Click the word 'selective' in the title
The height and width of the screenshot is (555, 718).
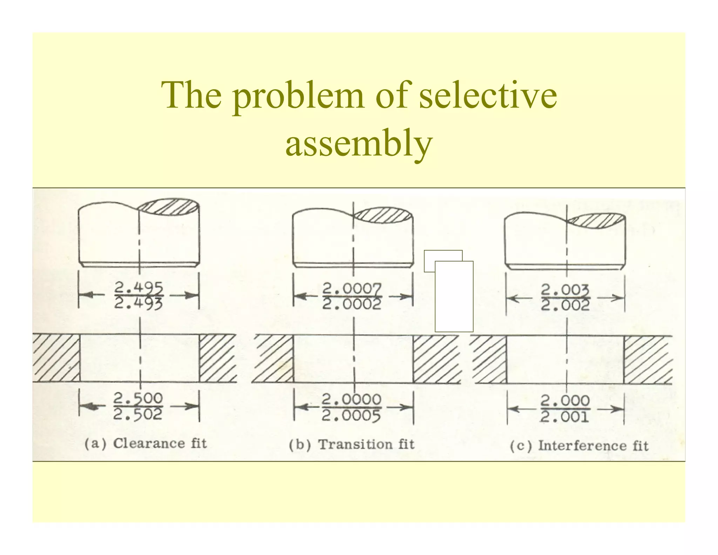tap(488, 95)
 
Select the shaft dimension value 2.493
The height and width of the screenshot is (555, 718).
tap(139, 303)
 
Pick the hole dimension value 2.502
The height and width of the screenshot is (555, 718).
tap(138, 415)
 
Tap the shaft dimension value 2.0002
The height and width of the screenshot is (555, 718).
tap(352, 304)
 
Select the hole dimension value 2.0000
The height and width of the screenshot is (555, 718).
tap(352, 399)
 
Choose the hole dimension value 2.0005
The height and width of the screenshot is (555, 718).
tap(352, 416)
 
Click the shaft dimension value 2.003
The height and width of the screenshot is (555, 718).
tap(565, 290)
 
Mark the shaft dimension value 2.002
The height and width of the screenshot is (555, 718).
tap(565, 306)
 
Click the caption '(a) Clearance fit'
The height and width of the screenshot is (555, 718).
tap(146, 443)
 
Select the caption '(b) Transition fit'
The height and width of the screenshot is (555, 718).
tap(352, 444)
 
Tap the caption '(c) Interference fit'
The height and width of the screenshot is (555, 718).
tap(579, 446)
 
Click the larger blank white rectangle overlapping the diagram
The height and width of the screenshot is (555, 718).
tap(454, 296)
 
